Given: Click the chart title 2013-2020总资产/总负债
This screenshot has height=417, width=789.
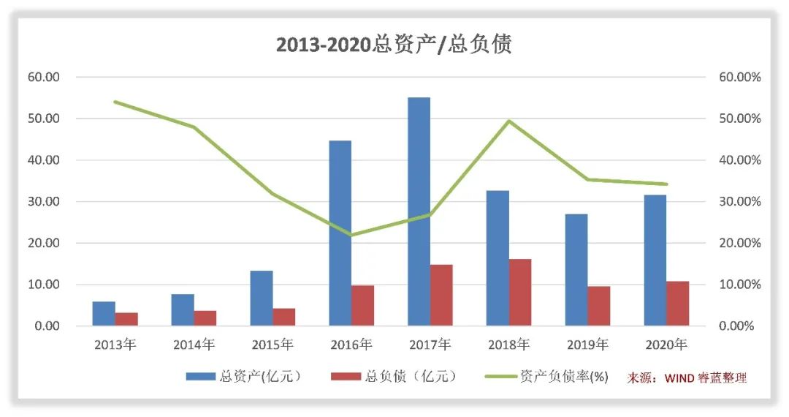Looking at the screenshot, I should [394, 45].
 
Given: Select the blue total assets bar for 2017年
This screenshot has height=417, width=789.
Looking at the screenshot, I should [419, 211].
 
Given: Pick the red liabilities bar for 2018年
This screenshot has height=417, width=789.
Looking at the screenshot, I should [520, 292].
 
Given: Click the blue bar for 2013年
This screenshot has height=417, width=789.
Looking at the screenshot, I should [104, 313].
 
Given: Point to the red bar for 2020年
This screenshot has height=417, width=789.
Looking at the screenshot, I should [677, 303].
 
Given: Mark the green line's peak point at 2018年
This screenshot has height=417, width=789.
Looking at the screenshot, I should [509, 121].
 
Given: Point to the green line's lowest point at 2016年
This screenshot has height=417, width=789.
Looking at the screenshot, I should [351, 235].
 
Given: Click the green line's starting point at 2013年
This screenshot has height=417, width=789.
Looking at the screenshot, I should [115, 102].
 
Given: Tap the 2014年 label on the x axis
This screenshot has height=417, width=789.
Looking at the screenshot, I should [194, 344].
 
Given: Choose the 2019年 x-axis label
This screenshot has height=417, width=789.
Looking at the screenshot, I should [587, 344].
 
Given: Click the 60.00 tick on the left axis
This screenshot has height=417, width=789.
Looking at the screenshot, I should [44, 77].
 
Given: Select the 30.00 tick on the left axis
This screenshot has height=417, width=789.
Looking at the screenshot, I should [44, 201].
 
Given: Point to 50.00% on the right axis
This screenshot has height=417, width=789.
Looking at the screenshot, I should [739, 119].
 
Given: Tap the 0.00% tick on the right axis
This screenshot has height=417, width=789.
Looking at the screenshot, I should [736, 326].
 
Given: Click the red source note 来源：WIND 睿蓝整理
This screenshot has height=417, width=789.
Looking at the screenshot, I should [687, 377].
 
